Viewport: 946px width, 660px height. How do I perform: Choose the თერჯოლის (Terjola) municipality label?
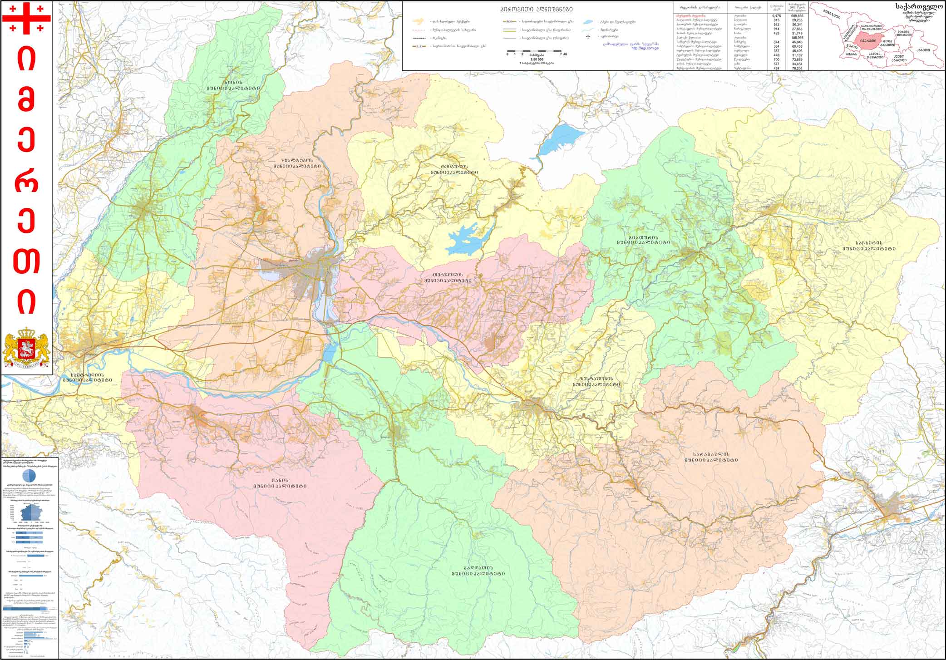[448, 277]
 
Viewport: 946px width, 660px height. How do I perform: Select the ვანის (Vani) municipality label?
[280, 483]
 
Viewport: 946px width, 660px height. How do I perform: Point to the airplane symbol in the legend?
[588, 36]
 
